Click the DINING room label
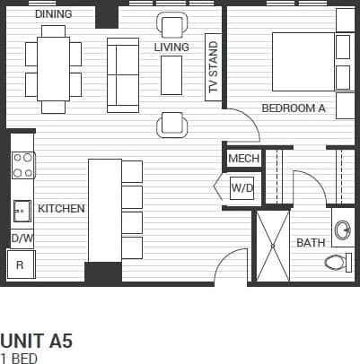coord(53,14)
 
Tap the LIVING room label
coord(171,48)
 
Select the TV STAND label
coord(214,68)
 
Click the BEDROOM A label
coord(293,108)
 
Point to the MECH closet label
coord(243,159)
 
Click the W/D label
coord(241,188)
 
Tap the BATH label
coord(311,243)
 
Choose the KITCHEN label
coord(61,209)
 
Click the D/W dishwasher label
coord(22,238)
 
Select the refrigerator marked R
coord(20,265)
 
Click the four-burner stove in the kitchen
coord(22,164)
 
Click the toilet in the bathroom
coord(338,263)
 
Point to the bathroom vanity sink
coord(342,230)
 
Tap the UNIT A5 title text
coord(36,342)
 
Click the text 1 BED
coord(18,359)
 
